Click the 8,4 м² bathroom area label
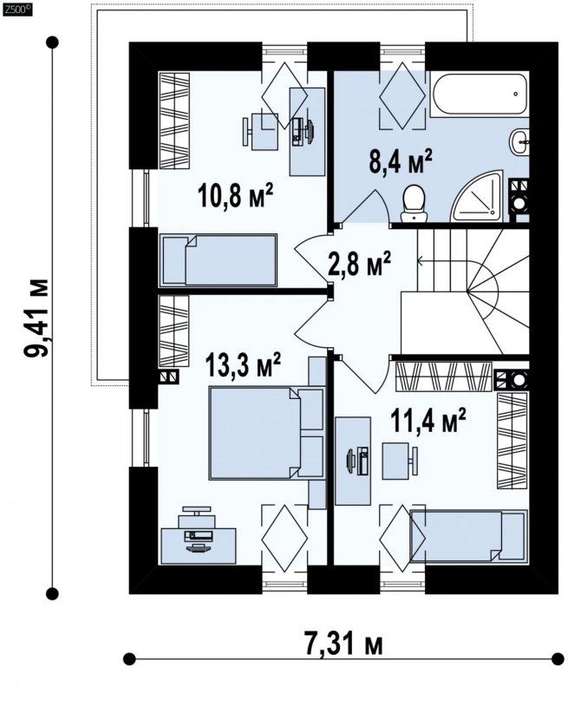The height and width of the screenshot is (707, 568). click(401, 161)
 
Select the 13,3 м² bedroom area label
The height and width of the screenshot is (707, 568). click(243, 364)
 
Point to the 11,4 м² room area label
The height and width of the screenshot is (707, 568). click(428, 421)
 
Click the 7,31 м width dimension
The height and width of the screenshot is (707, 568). click(343, 643)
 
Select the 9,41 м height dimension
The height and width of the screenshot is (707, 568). click(36, 317)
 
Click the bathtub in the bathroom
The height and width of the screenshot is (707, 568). click(480, 94)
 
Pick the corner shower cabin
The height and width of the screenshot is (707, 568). click(478, 196)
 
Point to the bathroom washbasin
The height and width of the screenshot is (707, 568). click(519, 141)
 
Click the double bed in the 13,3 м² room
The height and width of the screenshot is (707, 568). click(267, 433)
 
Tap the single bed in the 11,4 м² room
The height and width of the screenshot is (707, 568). click(469, 536)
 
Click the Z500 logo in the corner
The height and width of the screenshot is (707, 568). click(17, 10)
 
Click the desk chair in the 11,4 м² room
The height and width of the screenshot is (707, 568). click(400, 461)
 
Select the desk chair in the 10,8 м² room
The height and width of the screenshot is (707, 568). click(260, 132)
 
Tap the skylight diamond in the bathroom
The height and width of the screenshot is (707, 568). click(402, 95)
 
